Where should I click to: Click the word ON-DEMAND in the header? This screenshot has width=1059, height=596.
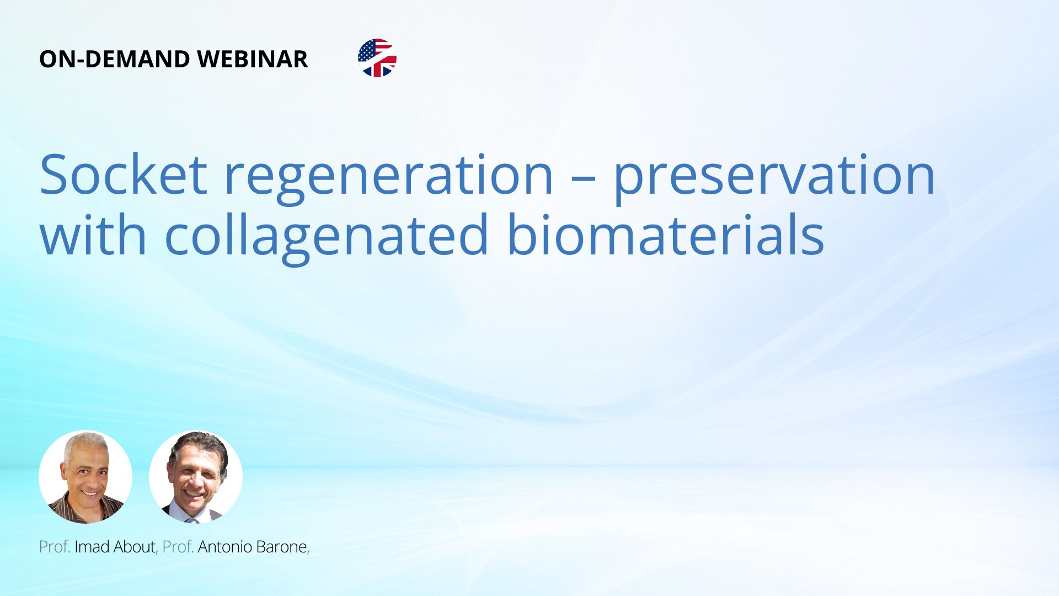[x=115, y=59]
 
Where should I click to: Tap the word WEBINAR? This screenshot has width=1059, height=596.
[x=252, y=59]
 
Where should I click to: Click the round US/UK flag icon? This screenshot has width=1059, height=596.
[x=377, y=58]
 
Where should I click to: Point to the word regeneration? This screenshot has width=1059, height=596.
[x=388, y=180]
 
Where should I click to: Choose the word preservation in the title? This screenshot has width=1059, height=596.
[x=774, y=180]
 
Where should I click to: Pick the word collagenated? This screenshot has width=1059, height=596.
[x=327, y=239]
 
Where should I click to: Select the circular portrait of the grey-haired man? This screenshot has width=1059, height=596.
[x=85, y=477]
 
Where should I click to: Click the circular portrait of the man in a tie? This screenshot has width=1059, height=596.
[x=196, y=477]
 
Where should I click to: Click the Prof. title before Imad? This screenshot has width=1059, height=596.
[x=55, y=546]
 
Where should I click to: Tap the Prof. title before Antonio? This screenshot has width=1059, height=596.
[x=178, y=546]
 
